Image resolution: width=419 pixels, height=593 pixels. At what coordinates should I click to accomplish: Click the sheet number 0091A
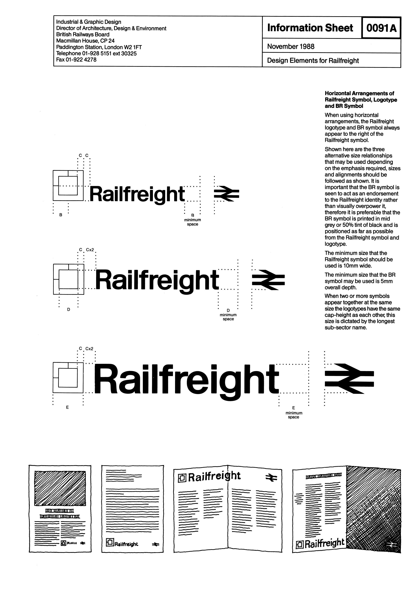[x=381, y=28]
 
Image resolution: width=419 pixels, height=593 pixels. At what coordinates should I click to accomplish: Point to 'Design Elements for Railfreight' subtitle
[x=313, y=61]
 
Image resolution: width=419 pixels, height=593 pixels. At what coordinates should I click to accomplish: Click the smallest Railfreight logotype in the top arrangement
[x=137, y=194]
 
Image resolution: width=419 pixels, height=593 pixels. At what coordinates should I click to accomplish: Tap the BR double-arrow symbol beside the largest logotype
[x=349, y=379]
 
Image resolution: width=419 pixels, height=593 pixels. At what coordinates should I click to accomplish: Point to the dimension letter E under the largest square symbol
[x=67, y=407]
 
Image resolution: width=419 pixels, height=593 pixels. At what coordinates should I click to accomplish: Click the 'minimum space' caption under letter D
[x=228, y=317]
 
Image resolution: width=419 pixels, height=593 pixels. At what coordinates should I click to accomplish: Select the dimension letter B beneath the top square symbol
[x=61, y=215]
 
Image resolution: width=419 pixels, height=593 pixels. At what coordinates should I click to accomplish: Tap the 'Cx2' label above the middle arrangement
[x=90, y=250]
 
